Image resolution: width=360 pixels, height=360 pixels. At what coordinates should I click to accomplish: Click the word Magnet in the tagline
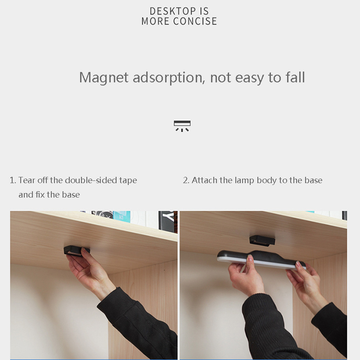(104, 77)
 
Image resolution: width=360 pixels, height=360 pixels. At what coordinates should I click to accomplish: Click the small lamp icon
(182, 126)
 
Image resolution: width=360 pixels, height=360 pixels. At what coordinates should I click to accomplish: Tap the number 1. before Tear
(13, 180)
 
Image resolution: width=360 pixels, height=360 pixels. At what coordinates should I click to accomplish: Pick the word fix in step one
(40, 194)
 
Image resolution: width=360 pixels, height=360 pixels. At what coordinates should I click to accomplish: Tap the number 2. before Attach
(186, 180)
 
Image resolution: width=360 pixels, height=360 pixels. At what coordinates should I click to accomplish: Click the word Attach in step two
(204, 180)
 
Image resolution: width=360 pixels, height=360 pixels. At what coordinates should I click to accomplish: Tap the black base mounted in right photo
(262, 241)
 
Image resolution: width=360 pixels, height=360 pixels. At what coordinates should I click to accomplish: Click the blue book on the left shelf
(121, 216)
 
